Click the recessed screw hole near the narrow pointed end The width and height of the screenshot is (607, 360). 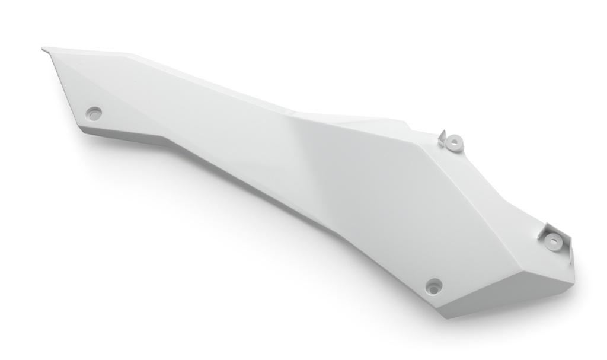(94, 112)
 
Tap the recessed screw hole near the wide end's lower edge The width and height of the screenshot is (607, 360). (434, 286)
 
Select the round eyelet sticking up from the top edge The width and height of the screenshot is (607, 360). (455, 142)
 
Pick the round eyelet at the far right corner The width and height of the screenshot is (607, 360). (552, 241)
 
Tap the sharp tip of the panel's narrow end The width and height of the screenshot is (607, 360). (44, 49)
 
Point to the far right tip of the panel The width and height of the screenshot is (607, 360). (573, 261)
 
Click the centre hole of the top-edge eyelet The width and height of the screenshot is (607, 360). (455, 142)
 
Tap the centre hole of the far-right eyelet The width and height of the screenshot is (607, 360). (552, 241)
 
